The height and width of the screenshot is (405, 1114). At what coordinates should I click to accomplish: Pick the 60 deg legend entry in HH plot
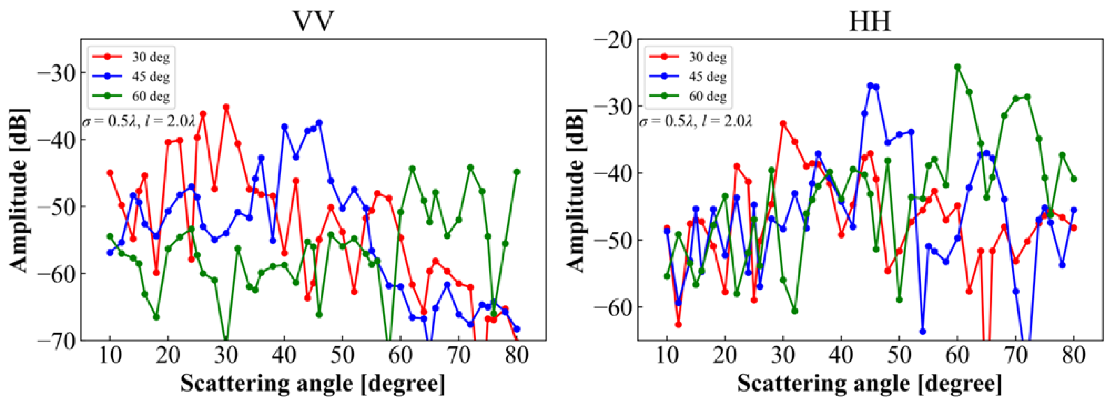(707, 96)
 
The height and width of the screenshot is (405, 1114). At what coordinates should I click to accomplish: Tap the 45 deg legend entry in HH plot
(707, 77)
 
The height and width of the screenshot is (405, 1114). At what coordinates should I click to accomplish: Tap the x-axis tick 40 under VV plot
(284, 355)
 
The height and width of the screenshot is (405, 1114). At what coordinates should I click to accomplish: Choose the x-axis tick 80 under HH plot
(1074, 355)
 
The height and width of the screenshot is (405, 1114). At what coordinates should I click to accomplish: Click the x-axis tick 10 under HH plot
(666, 355)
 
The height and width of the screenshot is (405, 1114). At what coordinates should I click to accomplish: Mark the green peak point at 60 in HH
(958, 67)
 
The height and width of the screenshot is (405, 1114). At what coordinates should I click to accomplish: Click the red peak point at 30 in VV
(226, 107)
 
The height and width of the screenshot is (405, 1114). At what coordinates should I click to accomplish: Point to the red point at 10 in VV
(110, 173)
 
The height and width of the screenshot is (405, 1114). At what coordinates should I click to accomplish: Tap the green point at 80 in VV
(516, 172)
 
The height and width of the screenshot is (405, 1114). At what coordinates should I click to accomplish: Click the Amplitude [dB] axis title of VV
(19, 190)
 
